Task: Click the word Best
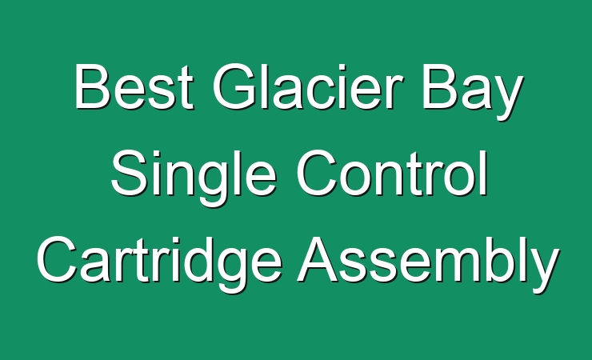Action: point(134,86)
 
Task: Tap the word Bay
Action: point(472,92)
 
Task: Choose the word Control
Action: point(391,173)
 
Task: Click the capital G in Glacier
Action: point(235,86)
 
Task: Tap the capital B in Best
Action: point(93,86)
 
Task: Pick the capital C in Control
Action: point(316,173)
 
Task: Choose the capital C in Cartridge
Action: point(57,260)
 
